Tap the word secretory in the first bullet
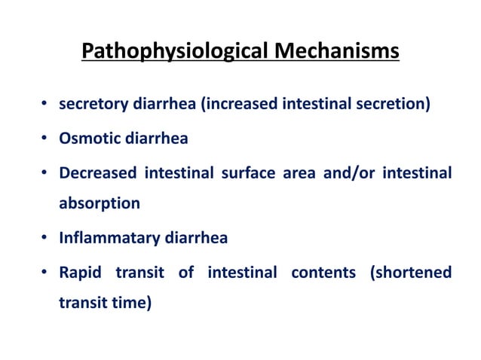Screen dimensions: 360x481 (x=90, y=104)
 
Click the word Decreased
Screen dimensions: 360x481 (x=97, y=174)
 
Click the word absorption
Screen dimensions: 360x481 (x=100, y=203)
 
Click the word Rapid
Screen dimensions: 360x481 (x=81, y=273)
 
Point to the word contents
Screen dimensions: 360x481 (x=323, y=273)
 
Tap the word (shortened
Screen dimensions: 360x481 (x=411, y=273)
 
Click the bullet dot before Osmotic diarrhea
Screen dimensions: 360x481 (x=47, y=139)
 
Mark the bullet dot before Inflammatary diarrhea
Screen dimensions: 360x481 (x=47, y=239)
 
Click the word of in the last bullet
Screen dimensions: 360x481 (x=186, y=273)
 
